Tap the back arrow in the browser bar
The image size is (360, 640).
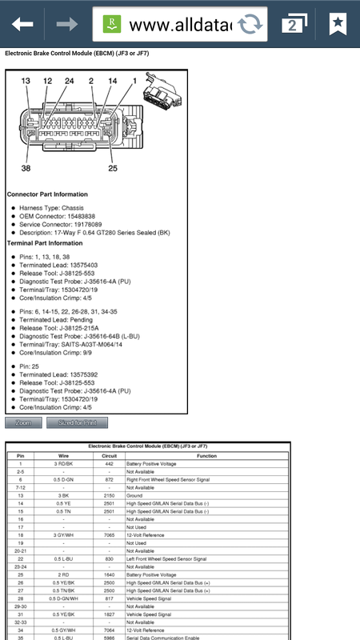(x=22, y=25)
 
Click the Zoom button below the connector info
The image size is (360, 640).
(x=23, y=422)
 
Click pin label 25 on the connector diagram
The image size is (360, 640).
(x=112, y=169)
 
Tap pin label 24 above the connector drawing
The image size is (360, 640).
(x=69, y=82)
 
